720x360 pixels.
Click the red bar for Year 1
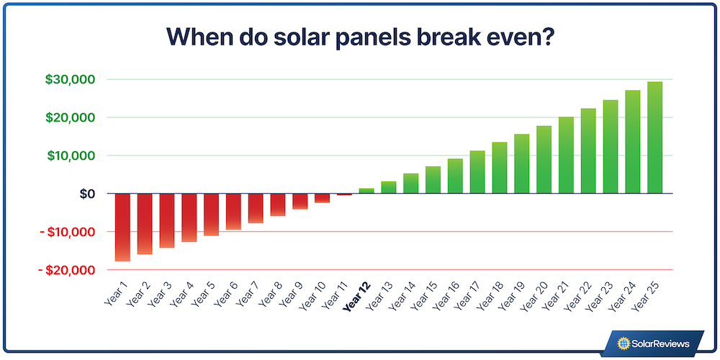tap(122, 227)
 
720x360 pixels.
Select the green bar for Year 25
tap(654, 138)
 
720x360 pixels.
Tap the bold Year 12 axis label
tap(356, 297)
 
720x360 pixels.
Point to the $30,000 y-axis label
tap(71, 79)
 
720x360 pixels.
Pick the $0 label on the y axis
tap(86, 194)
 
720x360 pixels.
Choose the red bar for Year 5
tap(211, 215)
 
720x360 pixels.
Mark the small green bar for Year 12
tap(366, 191)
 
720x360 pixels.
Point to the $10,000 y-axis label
tap(71, 156)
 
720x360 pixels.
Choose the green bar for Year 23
tap(611, 147)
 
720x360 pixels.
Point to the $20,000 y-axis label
tap(71, 117)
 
